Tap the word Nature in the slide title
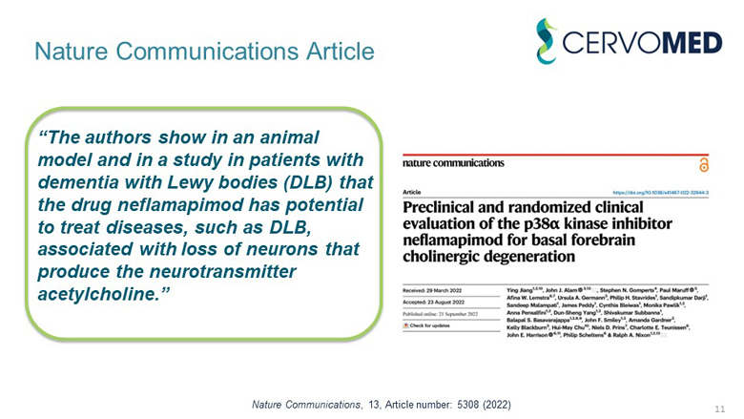click(x=71, y=51)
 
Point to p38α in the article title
click(x=548, y=224)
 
